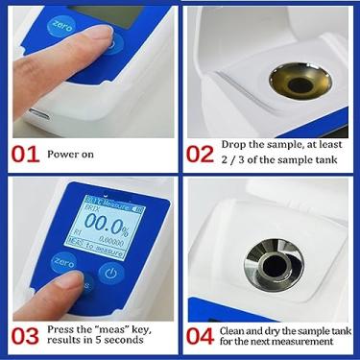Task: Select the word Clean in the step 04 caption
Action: (236, 329)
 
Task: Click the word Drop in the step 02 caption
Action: (235, 144)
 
